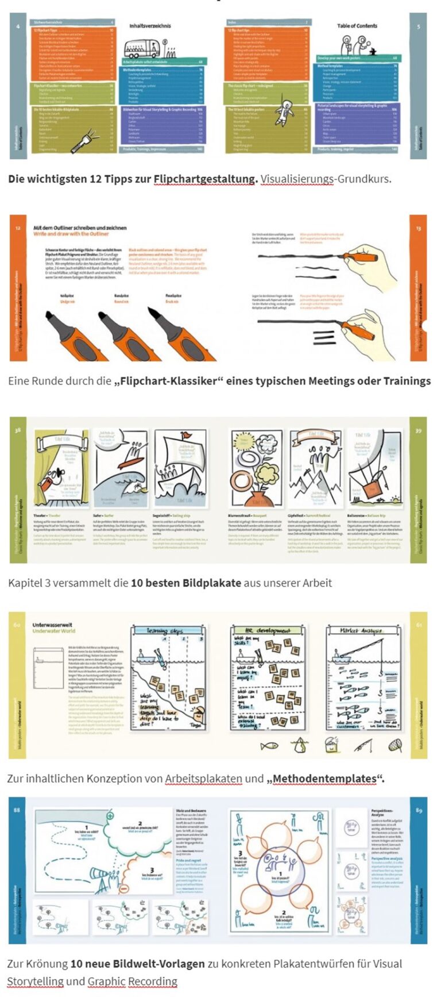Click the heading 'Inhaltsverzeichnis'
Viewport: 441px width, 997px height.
(145, 26)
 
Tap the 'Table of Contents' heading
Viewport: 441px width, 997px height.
(357, 26)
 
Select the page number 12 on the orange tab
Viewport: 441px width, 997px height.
(18, 228)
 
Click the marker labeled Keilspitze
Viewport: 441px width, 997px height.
(67, 333)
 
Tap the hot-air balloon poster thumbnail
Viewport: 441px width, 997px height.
(374, 467)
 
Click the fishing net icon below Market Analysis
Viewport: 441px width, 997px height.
(396, 745)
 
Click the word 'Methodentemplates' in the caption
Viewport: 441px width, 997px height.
(325, 779)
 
